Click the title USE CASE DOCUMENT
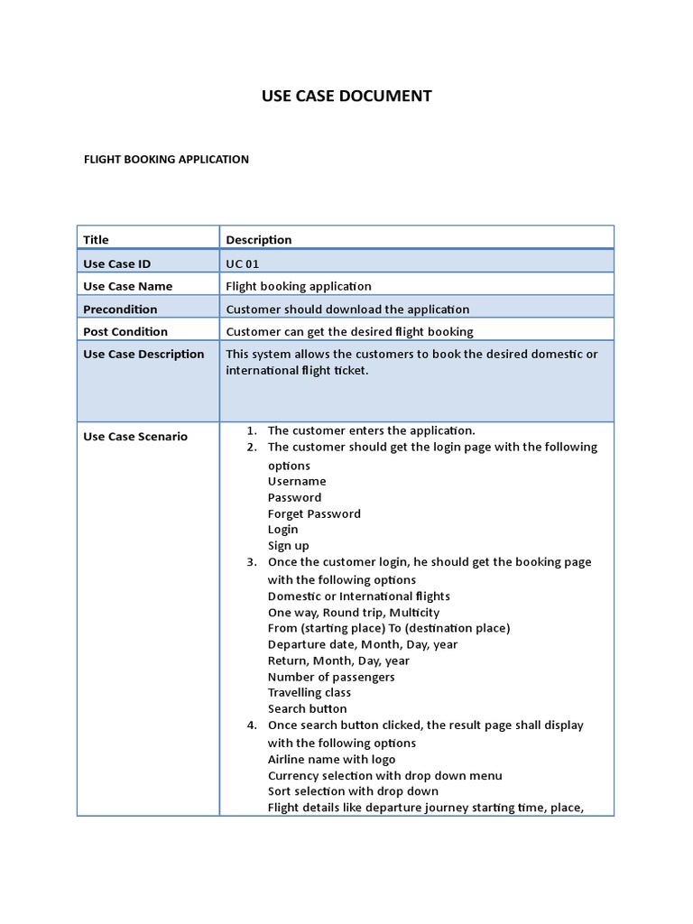coord(346,96)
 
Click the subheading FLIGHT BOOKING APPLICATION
coord(166,159)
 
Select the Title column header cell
coord(96,239)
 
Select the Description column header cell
coord(259,239)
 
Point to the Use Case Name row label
coord(127,286)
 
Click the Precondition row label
coord(120,309)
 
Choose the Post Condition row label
coord(125,331)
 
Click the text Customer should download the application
coord(347,309)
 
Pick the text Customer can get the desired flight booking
coord(349,331)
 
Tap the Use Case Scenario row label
coord(135,436)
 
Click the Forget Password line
coord(314,513)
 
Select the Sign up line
coord(288,545)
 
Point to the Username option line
coord(297,481)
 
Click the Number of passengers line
coord(331,677)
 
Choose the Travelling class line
coord(310,692)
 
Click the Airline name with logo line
coord(331,759)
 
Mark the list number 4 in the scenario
coord(251,725)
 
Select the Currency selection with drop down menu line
coord(384,775)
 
